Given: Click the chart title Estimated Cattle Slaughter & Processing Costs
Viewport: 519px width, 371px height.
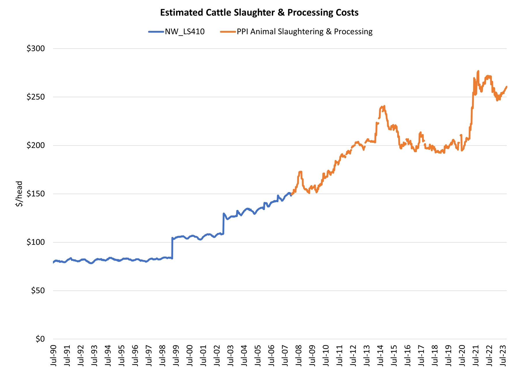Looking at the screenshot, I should (x=259, y=13).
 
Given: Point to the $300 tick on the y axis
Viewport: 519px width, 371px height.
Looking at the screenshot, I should (x=36, y=48).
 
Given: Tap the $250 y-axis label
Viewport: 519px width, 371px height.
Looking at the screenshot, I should (x=36, y=97).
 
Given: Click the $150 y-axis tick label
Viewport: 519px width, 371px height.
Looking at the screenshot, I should (x=36, y=194).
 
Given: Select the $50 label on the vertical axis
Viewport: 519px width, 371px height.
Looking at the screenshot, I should (x=38, y=291).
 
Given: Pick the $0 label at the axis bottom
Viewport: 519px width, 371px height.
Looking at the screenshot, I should (x=40, y=339).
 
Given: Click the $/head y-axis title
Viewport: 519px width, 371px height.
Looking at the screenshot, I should (x=19, y=194).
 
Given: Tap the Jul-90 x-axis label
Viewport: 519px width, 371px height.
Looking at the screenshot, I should (x=53, y=355).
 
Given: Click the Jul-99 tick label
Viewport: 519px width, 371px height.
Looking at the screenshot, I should (x=176, y=355).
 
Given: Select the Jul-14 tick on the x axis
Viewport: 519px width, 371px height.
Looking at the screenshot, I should (x=380, y=355).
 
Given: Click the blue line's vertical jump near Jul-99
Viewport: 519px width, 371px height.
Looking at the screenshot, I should (x=172, y=248).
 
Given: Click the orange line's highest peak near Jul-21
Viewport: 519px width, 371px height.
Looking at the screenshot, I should (x=478, y=71).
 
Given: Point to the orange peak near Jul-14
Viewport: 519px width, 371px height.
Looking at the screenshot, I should (x=384, y=106).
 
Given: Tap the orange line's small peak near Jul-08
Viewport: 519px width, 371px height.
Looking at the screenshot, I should (x=300, y=172).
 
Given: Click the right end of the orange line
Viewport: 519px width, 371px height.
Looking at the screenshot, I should (x=507, y=86).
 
